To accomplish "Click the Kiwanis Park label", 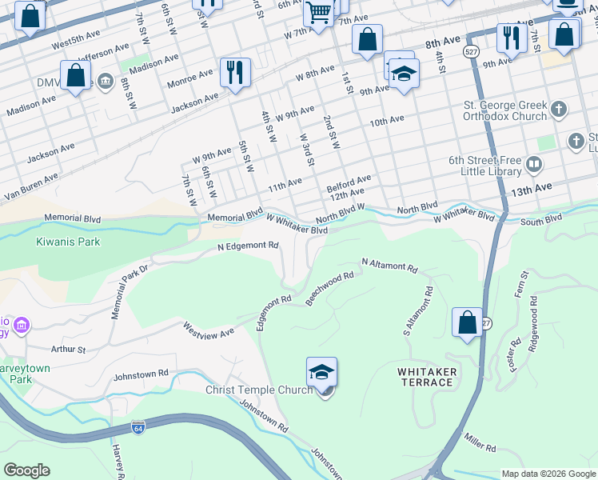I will click(x=68, y=241).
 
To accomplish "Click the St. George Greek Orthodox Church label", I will click(x=505, y=110).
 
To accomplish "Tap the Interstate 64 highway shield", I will click(x=138, y=427).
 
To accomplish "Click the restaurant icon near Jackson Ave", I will click(x=234, y=73).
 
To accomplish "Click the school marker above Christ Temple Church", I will click(x=321, y=372).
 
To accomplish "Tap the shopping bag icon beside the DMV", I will click(x=76, y=76).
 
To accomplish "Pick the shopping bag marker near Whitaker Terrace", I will click(x=467, y=323).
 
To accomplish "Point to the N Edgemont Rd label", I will click(x=248, y=246).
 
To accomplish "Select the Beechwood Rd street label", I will click(x=329, y=288).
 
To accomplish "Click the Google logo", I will click(x=26, y=470).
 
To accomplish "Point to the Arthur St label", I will click(x=68, y=350).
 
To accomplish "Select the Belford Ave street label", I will click(x=349, y=183).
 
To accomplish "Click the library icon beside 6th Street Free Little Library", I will click(x=534, y=165).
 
